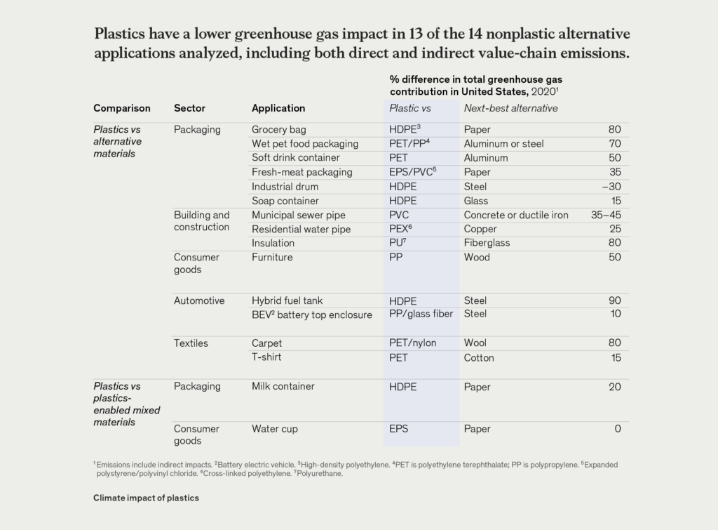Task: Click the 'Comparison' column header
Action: (x=122, y=108)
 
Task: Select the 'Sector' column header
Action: (x=189, y=108)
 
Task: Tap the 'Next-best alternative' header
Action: (x=510, y=108)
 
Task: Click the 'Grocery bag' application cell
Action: (x=279, y=130)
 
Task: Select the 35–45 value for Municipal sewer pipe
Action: (x=606, y=215)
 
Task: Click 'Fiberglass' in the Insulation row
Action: (x=487, y=243)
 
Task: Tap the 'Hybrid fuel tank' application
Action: (x=287, y=300)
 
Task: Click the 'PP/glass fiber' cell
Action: (x=421, y=314)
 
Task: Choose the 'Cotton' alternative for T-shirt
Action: (x=479, y=358)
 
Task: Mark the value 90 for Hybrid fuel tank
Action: (x=615, y=300)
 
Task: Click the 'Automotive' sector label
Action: (x=199, y=300)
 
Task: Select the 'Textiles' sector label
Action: (x=191, y=343)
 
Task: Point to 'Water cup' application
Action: (x=275, y=429)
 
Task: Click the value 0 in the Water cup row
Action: (x=618, y=429)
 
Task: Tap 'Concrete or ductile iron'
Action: (x=516, y=215)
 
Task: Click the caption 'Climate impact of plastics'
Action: (x=146, y=498)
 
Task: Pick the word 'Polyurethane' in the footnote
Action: (x=320, y=474)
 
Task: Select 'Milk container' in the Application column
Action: (x=283, y=387)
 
